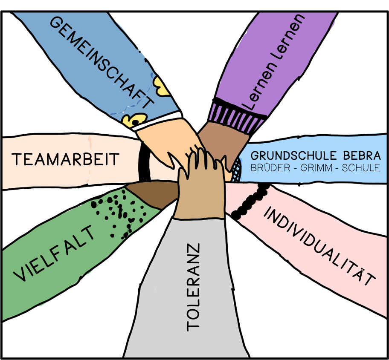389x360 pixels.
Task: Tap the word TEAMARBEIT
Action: click(x=65, y=159)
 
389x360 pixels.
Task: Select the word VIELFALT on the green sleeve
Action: click(x=54, y=255)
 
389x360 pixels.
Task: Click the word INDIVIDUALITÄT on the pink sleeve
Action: click(x=319, y=247)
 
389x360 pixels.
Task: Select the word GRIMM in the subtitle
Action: click(x=322, y=167)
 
